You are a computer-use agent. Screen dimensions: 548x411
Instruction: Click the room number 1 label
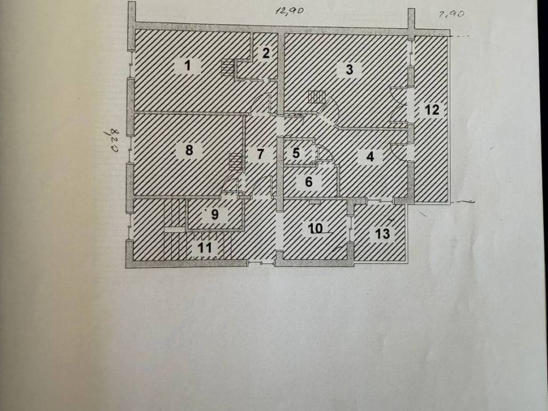(x=188, y=65)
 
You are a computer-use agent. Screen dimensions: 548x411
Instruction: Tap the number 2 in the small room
(x=266, y=53)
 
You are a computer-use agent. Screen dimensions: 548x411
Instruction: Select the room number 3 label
(x=349, y=70)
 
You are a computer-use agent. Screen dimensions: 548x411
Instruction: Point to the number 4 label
(x=370, y=156)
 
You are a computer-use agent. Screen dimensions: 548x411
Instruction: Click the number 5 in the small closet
(x=296, y=153)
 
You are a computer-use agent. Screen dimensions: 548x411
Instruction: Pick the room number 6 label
(x=309, y=182)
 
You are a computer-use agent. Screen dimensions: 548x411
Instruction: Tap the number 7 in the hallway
(x=260, y=154)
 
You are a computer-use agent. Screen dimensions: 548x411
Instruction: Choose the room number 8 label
(x=189, y=150)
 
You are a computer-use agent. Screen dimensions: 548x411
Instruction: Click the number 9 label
(x=215, y=214)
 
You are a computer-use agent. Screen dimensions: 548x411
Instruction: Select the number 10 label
(x=316, y=229)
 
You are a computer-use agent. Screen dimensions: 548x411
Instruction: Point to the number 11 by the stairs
(x=205, y=248)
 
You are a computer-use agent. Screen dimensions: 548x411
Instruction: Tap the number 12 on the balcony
(x=432, y=110)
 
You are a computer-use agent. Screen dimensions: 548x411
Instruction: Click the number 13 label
(x=382, y=233)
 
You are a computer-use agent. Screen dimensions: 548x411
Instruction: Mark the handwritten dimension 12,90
(x=290, y=11)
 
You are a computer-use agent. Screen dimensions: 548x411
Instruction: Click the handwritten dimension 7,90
(x=452, y=14)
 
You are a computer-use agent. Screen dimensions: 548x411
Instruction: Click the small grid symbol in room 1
(x=227, y=68)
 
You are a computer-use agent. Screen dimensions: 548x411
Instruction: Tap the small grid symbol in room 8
(x=236, y=162)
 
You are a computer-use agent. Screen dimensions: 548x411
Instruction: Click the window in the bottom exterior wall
(x=261, y=263)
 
